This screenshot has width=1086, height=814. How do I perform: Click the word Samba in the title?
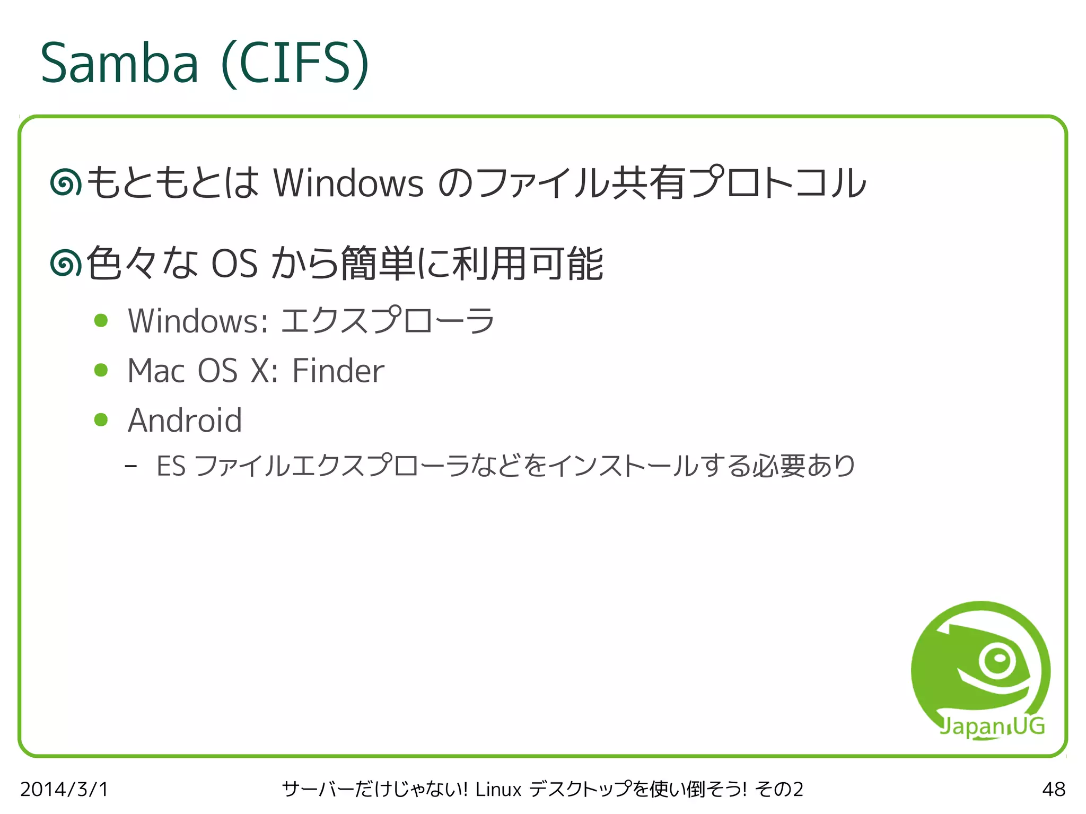click(119, 63)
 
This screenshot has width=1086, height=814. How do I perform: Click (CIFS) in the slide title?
click(295, 63)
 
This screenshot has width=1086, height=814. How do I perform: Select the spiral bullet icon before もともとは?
click(66, 183)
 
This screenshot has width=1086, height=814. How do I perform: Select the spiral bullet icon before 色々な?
click(66, 263)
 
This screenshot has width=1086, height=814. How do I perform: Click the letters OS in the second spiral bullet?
click(234, 264)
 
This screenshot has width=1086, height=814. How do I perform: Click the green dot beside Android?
click(101, 420)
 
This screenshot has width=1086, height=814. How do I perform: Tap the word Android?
click(185, 420)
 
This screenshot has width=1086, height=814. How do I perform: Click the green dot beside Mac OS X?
click(101, 370)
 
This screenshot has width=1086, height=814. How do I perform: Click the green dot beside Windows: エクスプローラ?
click(101, 320)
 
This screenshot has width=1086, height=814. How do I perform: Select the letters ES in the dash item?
click(171, 466)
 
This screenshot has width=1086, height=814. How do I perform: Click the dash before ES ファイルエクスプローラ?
click(131, 467)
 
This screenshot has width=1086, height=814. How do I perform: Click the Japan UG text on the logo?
click(992, 726)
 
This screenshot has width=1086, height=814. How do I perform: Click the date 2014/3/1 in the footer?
click(64, 789)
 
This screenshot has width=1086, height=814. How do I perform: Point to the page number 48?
click(1053, 789)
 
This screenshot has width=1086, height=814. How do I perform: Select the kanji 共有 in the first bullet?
click(648, 183)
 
